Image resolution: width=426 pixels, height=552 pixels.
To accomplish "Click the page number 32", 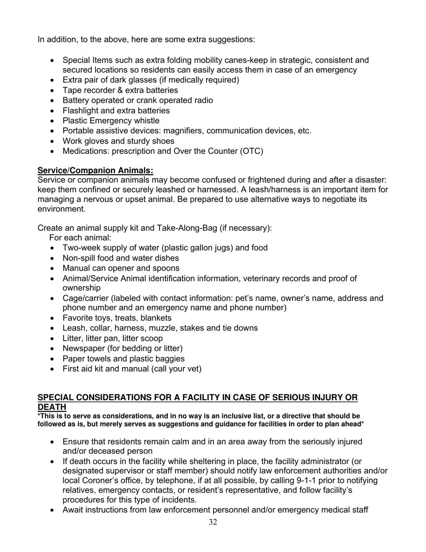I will pos(213,522).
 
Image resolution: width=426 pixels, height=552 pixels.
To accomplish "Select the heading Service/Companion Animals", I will pos(95,171).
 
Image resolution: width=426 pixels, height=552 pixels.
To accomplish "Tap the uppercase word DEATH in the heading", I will pos(52,407).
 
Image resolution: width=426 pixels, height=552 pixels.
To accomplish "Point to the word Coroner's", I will pos(104,481).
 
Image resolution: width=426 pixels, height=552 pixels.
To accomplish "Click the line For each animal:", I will pos(80,237).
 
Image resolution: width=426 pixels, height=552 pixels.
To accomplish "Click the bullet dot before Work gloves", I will pos(53,141).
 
